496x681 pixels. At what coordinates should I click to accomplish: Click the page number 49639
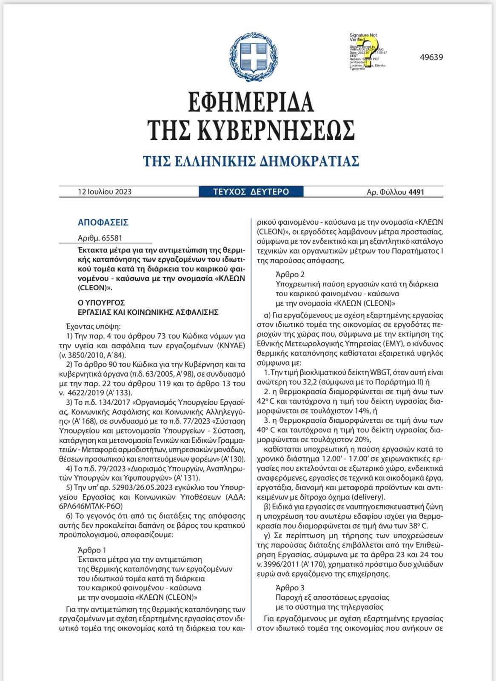[430, 57]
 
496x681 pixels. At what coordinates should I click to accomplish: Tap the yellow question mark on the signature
[364, 53]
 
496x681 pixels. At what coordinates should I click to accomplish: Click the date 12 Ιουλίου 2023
[105, 192]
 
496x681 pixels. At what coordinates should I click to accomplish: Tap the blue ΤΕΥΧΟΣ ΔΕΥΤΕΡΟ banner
[251, 192]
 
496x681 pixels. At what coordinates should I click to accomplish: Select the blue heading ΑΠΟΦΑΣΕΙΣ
[103, 223]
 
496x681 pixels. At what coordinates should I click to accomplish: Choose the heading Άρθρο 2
[290, 275]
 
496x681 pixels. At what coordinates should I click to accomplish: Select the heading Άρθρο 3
[290, 588]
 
